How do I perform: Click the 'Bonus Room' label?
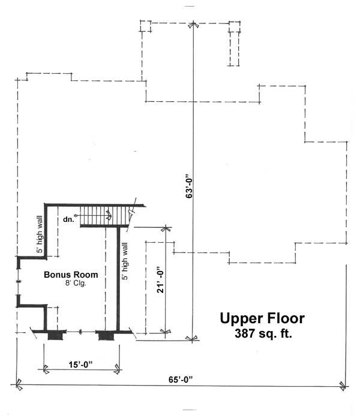point(71,275)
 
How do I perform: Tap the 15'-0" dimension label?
point(81,363)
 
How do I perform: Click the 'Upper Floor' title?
point(262,318)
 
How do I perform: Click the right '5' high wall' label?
point(125,261)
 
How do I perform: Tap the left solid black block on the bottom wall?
point(56,335)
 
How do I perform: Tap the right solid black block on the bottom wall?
point(106,335)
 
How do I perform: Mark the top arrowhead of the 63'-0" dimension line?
point(193,26)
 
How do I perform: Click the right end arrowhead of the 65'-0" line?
point(343,385)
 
